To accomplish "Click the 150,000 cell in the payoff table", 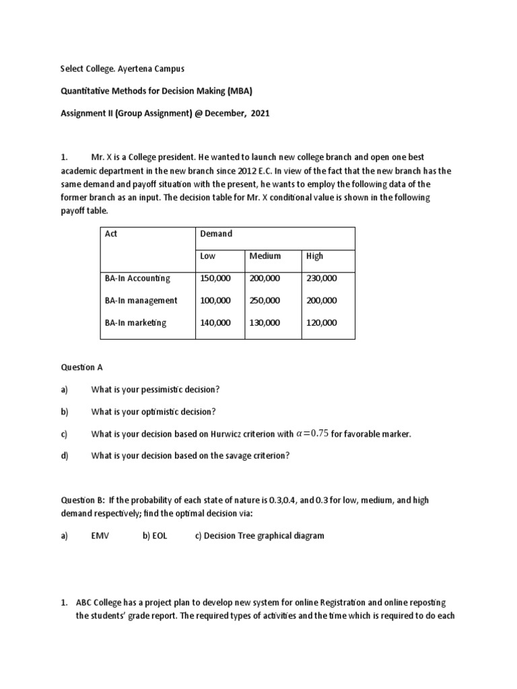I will pyautogui.click(x=215, y=279).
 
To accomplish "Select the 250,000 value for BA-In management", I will pyautogui.click(x=265, y=301).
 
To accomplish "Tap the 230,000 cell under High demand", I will pyautogui.click(x=322, y=279).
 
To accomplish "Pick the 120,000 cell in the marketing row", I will pyautogui.click(x=322, y=323).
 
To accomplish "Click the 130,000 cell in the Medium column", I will pyautogui.click(x=265, y=323).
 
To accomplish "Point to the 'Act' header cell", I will pyautogui.click(x=111, y=234).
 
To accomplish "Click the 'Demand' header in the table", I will pyautogui.click(x=216, y=234).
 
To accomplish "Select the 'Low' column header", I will pyautogui.click(x=208, y=256).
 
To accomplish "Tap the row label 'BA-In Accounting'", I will pyautogui.click(x=137, y=279).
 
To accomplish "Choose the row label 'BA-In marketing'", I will pyautogui.click(x=135, y=323).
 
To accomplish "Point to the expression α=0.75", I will pyautogui.click(x=312, y=434).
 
